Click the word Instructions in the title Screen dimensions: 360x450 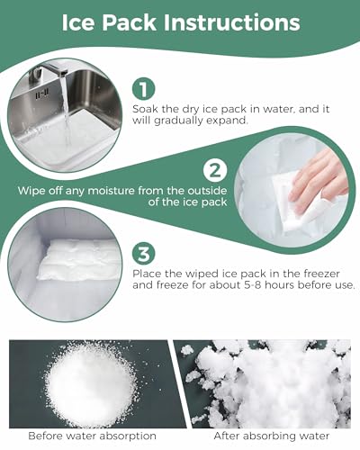pos(231,22)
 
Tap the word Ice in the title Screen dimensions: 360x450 pos(77,22)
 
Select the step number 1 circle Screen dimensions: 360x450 pos(143,89)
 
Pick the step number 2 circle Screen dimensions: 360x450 pos(215,171)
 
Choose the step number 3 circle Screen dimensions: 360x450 pos(144,255)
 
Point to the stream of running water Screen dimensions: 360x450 pos(67,114)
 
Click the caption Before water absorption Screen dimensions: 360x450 pos(92,436)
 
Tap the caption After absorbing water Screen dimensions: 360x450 pos(272,436)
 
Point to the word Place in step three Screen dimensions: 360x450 pos(146,274)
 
